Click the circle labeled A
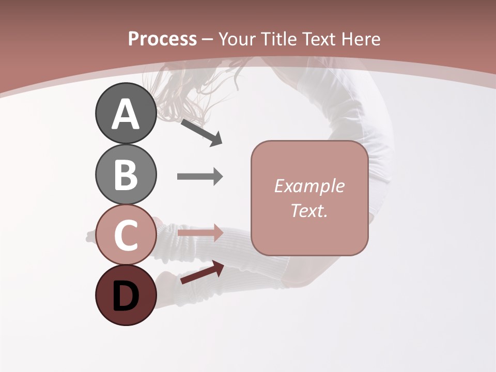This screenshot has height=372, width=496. [126, 113]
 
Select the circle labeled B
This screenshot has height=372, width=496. [126, 174]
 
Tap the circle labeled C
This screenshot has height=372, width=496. [126, 235]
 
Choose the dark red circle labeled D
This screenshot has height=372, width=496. [126, 295]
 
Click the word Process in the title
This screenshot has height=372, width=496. [162, 39]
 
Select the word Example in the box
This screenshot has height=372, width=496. [309, 186]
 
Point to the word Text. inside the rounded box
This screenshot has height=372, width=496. [309, 210]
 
